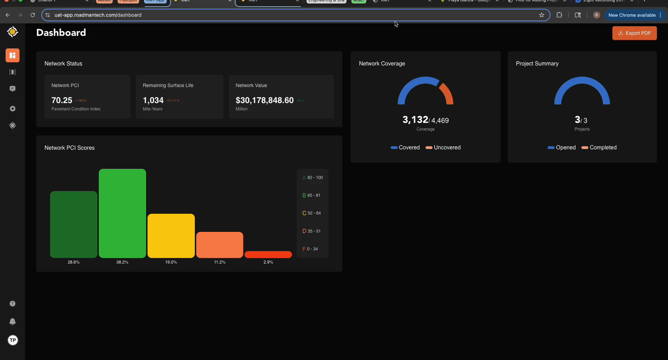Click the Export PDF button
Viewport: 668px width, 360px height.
(634, 33)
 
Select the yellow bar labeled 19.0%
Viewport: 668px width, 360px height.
(171, 236)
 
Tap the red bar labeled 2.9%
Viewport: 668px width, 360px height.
(268, 255)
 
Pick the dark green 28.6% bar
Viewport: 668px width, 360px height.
(74, 224)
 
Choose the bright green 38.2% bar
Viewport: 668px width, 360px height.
(122, 213)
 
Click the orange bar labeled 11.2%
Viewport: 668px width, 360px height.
(220, 245)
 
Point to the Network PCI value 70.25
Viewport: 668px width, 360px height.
(62, 100)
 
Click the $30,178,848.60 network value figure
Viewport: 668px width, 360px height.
(264, 100)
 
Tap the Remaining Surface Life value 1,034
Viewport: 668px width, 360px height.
(153, 100)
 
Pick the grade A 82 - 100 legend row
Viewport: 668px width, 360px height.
(312, 178)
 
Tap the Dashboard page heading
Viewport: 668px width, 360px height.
(61, 33)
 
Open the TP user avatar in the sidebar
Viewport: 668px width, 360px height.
(13, 340)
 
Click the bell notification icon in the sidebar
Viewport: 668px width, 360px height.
(13, 321)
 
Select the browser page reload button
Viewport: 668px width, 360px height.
(33, 15)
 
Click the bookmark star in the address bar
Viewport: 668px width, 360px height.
(542, 15)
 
